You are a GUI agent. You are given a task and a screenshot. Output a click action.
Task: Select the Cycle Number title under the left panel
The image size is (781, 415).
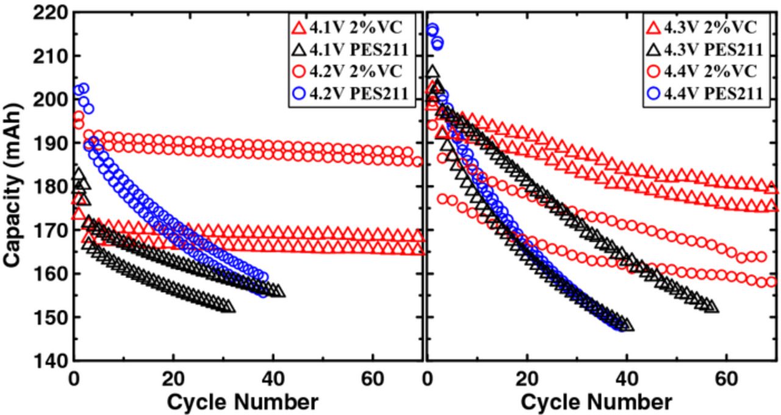point(242,402)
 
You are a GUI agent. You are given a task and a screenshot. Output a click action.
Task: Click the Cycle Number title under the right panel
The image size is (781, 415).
point(596,402)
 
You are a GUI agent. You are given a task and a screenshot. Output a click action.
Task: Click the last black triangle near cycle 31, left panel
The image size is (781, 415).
point(229,306)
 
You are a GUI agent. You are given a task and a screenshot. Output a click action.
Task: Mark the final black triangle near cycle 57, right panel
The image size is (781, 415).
point(711,306)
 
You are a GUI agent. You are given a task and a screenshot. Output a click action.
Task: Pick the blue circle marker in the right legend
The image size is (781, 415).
point(653,93)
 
